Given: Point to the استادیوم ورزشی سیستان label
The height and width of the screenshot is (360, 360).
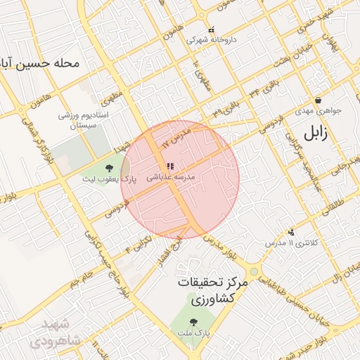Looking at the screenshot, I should tap(76, 119).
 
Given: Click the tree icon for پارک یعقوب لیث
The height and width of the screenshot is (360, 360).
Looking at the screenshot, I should tap(109, 168).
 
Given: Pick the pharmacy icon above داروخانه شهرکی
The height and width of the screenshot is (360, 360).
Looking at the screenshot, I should tap(212, 30).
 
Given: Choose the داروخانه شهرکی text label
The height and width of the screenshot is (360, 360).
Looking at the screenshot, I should tap(212, 40).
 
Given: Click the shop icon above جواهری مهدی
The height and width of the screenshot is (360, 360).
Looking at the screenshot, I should tap(319, 101).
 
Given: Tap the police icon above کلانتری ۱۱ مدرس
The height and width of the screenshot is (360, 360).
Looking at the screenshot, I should tap(291, 232).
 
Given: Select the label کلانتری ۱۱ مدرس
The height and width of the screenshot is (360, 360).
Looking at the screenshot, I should tap(287, 243).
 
